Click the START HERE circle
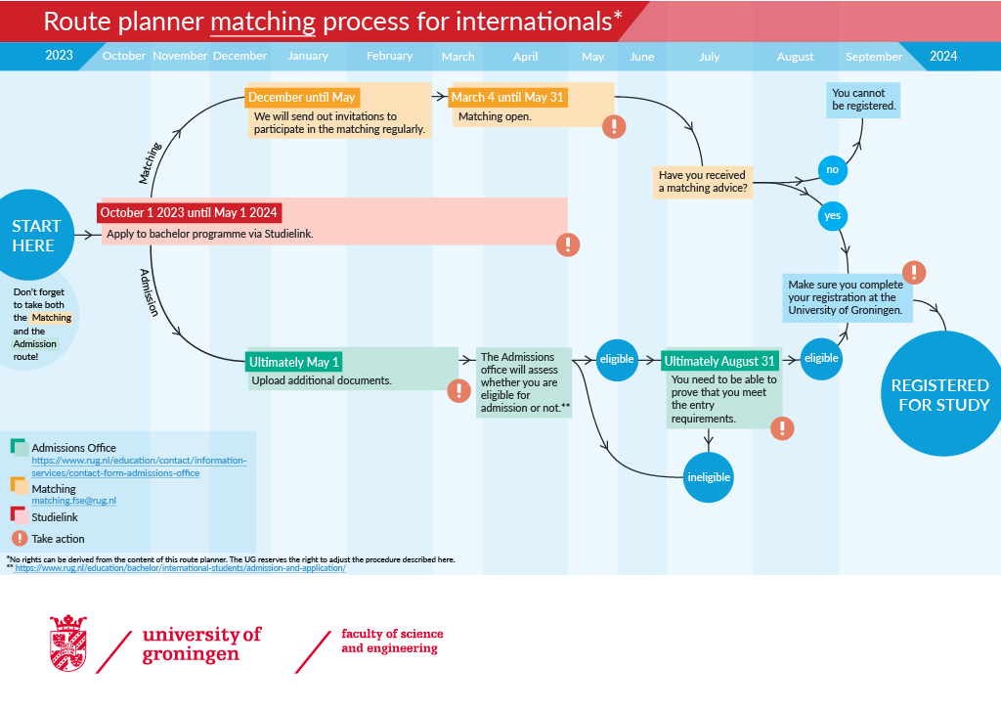[34, 236]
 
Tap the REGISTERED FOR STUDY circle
[940, 394]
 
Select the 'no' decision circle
[832, 170]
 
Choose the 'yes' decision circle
[832, 216]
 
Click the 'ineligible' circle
[708, 477]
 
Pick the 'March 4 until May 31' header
[508, 98]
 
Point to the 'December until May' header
[302, 98]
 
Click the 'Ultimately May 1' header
[294, 362]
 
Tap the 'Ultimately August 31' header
[719, 362]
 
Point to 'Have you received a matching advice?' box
[704, 181]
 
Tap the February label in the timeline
[389, 57]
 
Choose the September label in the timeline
[874, 57]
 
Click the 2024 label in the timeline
[943, 57]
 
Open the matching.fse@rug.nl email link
[73, 501]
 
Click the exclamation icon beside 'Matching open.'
[614, 126]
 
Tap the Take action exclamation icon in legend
[19, 538]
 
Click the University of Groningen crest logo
[67, 643]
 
